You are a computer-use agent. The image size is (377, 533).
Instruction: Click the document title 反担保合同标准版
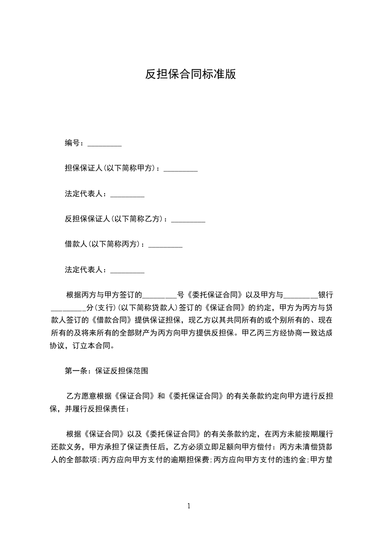click(x=190, y=75)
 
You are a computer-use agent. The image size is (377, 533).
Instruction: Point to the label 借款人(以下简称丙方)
click(x=103, y=244)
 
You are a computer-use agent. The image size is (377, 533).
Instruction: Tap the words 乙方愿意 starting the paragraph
click(x=79, y=396)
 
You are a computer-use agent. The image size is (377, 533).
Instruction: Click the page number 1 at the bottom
click(x=189, y=506)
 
